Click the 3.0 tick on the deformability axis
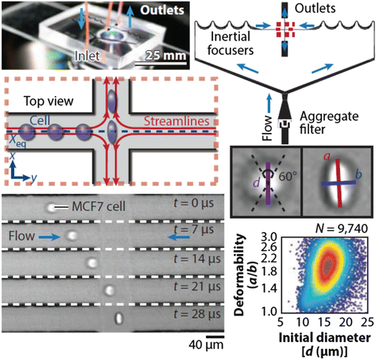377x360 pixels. [272, 235]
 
